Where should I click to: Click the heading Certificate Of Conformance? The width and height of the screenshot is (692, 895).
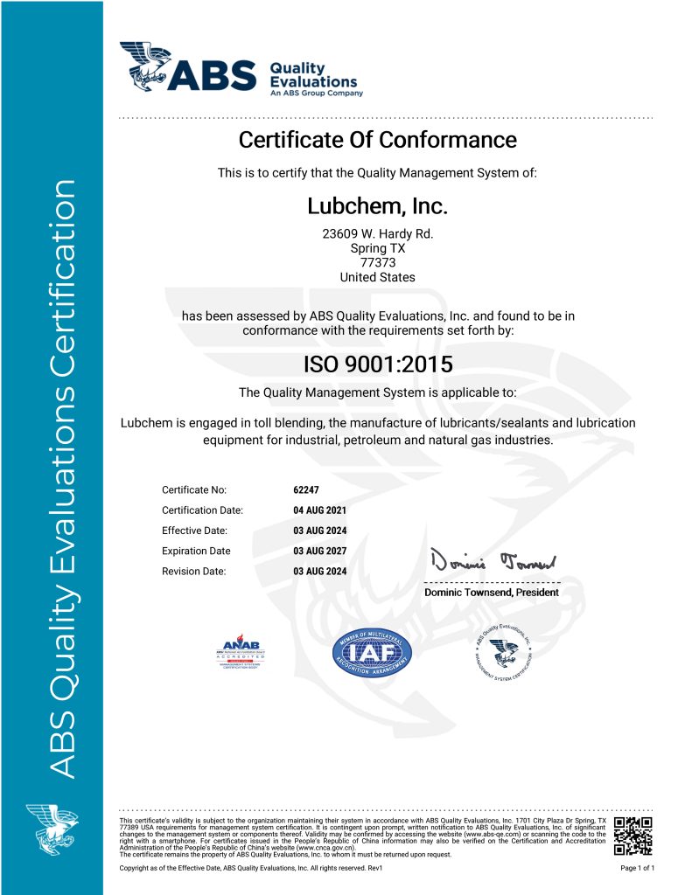click(x=377, y=140)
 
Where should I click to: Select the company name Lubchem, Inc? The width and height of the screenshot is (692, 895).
click(x=377, y=207)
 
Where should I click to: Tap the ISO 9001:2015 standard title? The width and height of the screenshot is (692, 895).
click(x=377, y=364)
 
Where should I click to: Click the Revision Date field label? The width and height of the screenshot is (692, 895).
click(x=193, y=572)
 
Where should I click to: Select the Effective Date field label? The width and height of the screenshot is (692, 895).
click(x=194, y=531)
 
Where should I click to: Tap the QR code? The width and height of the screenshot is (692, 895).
click(x=633, y=836)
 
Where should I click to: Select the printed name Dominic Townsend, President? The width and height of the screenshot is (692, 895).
click(x=491, y=593)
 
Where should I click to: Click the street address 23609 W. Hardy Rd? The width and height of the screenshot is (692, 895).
click(x=377, y=233)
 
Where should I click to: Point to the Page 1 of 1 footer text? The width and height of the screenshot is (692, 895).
click(x=637, y=868)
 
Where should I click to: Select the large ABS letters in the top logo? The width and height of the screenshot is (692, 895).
click(x=214, y=76)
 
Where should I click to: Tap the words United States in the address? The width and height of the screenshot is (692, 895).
click(x=377, y=277)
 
